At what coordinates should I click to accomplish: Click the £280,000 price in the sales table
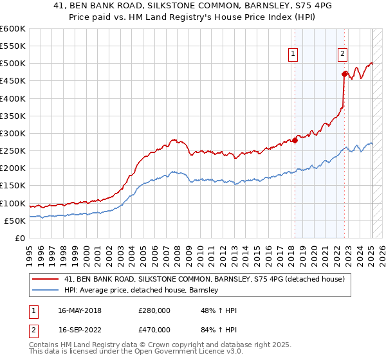[154, 310]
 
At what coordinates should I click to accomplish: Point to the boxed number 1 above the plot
[293, 55]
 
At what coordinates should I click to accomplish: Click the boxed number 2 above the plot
[343, 55]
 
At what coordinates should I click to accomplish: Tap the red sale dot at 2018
[295, 140]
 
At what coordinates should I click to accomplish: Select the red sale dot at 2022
[345, 74]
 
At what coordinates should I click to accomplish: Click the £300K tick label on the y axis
[13, 134]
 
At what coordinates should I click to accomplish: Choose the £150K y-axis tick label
[13, 186]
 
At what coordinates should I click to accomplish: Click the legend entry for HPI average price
[142, 290]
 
